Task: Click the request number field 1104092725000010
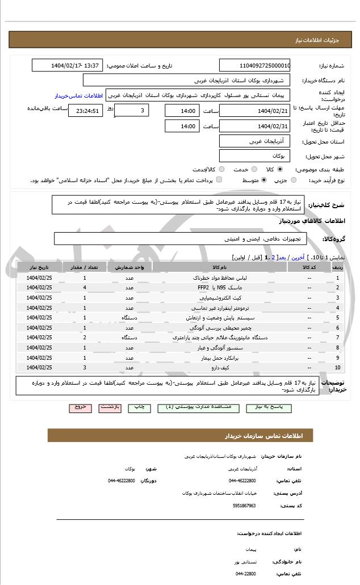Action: [x=254, y=65]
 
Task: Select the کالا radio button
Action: [x=280, y=169]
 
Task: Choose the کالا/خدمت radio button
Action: [x=221, y=169]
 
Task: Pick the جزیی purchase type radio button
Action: [x=294, y=180]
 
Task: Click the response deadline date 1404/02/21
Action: [x=254, y=111]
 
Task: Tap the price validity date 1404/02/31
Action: [x=254, y=126]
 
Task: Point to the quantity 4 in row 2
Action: [x=85, y=288]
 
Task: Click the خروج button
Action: [x=79, y=407]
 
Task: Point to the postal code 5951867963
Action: [x=244, y=505]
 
